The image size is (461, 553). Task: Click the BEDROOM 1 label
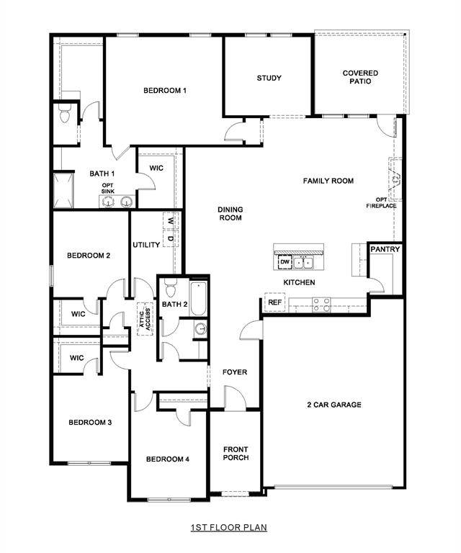165,90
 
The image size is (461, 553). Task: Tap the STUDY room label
269,78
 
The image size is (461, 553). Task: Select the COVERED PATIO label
360,77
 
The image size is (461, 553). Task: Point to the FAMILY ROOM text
328,181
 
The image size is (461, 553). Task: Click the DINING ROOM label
230,214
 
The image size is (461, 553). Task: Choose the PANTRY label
385,249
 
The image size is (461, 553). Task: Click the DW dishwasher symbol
285,262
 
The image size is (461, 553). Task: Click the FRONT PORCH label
236,453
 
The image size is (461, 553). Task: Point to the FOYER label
235,372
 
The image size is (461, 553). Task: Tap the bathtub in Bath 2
200,299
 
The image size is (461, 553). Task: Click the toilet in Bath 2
170,289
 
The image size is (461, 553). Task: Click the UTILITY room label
146,245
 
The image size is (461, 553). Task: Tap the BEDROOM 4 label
167,459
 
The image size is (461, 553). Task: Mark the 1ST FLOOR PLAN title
229,528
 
